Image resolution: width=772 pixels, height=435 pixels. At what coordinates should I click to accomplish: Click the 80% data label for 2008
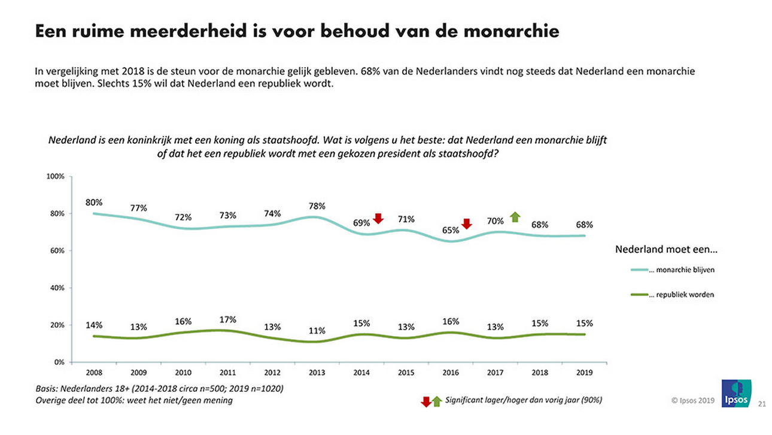coord(94,202)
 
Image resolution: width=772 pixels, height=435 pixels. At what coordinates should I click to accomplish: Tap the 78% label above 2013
coord(317,206)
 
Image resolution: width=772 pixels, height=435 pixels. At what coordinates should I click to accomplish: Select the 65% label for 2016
coord(450,229)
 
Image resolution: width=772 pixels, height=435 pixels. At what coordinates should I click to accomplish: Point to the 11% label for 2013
coord(317,331)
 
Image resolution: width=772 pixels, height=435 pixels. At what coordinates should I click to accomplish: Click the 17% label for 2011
coord(227,319)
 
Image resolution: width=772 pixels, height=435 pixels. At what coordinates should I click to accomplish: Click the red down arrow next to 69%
coord(378,219)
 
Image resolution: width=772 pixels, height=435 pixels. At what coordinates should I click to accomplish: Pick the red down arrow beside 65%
coord(467,224)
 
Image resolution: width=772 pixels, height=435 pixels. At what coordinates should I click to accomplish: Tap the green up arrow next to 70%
coord(514,217)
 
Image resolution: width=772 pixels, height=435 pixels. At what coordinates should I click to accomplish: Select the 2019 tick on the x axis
coord(584,373)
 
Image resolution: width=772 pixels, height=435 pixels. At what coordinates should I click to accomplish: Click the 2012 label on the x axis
coord(272,373)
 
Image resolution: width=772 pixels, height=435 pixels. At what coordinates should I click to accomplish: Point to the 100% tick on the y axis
coord(55,177)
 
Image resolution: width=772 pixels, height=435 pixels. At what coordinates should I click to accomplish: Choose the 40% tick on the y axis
coord(57,288)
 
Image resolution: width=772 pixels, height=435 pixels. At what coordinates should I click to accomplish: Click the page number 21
coord(762,403)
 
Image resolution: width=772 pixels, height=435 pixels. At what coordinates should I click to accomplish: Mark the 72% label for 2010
coord(183,217)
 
